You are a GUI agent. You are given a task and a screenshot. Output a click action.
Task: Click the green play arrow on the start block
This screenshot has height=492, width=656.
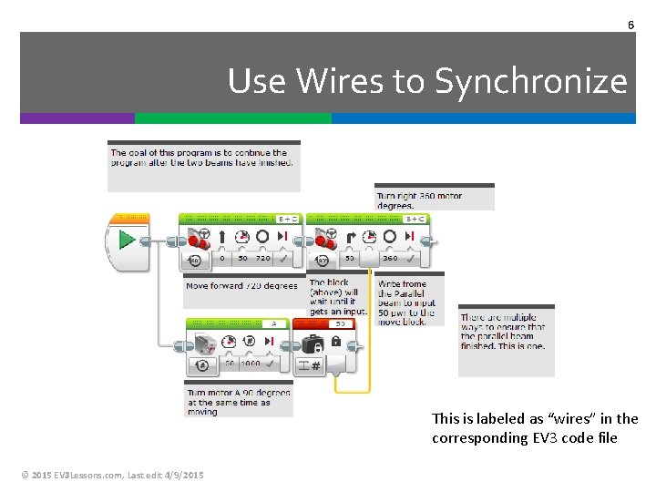[x=128, y=240]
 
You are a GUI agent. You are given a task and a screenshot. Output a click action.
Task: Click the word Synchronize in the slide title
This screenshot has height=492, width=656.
[x=531, y=82]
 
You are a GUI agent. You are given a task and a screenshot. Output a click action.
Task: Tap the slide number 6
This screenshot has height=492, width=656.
[x=630, y=26]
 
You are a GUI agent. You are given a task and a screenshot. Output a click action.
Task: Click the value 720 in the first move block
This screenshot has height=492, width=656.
[x=262, y=259]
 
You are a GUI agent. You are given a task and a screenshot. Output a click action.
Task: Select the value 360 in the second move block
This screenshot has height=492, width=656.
[x=390, y=259]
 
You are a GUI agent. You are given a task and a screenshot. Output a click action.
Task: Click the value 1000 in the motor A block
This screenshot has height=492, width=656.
[x=251, y=363]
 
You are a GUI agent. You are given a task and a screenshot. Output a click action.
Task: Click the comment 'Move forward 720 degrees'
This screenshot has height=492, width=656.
[x=241, y=286]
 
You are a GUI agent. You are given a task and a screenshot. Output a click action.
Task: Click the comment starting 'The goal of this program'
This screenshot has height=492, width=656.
[x=202, y=158]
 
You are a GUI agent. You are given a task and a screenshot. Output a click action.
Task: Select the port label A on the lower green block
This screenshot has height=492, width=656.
[x=274, y=323]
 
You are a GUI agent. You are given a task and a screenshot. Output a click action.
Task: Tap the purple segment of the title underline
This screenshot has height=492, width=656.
[x=77, y=118]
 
